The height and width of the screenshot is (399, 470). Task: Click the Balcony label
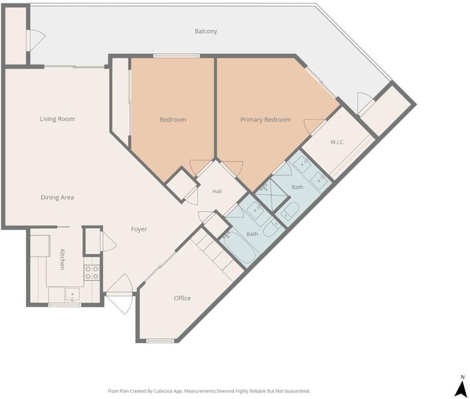[205, 31]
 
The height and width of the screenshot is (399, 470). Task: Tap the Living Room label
[57, 119]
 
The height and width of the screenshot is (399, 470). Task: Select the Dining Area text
[57, 198]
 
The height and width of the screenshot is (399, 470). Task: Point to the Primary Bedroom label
[265, 120]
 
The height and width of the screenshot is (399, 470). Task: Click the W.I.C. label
[337, 142]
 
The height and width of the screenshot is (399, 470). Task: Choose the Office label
[182, 299]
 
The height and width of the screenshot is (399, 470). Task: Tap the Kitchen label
[62, 259]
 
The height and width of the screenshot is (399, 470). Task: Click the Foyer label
[139, 229]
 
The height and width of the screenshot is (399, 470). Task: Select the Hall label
[217, 192]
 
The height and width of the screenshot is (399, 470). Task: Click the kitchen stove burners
[92, 273]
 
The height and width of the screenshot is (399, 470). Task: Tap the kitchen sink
[72, 295]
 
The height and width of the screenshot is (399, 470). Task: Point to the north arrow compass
[460, 387]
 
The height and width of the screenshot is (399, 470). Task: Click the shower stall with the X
[272, 194]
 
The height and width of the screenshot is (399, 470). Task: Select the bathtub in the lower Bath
[239, 248]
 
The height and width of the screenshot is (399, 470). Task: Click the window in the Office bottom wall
[160, 340]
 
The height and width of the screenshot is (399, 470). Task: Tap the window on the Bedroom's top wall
[177, 56]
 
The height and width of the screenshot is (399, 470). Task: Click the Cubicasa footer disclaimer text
[209, 391]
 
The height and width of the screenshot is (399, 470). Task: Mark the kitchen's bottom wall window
[64, 305]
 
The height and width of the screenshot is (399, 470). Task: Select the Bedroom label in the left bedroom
[173, 120]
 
